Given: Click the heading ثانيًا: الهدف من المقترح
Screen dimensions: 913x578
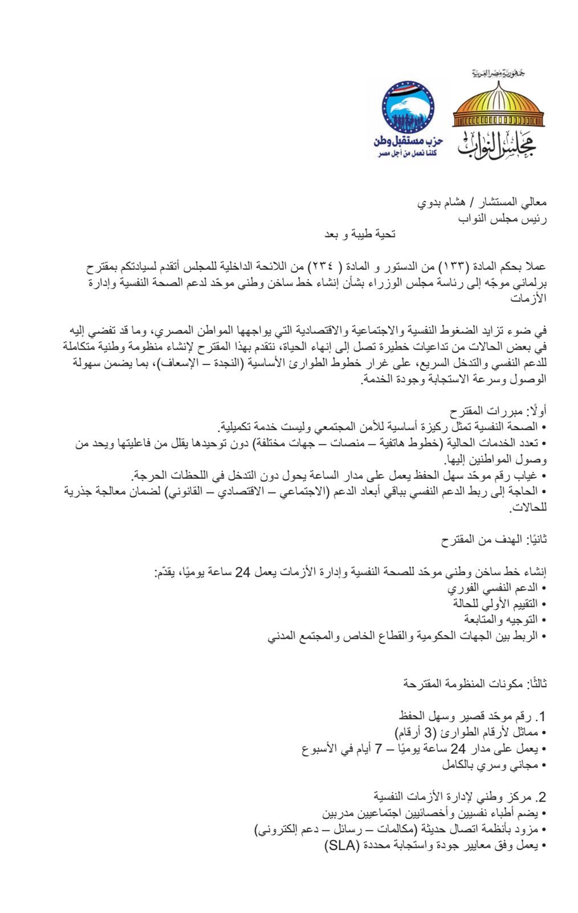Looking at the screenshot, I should tap(495, 539).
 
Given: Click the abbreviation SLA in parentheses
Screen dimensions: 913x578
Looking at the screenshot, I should tap(341, 846).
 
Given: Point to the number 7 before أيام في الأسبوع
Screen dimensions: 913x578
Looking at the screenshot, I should tap(378, 748).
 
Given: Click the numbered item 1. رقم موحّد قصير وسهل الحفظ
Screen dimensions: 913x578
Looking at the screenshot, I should tap(473, 716).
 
